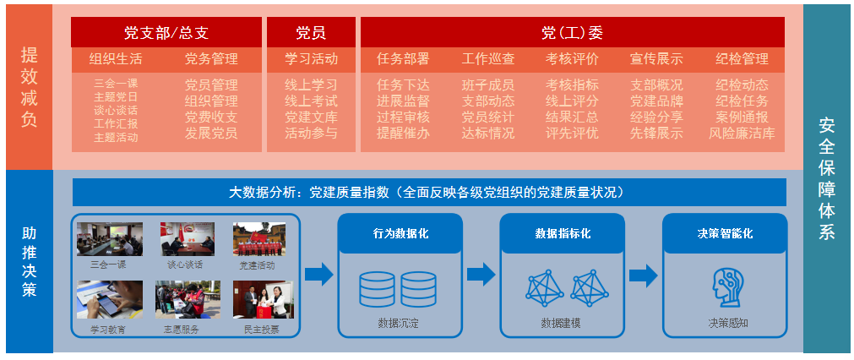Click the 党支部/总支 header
(166, 33)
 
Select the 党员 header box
(310, 33)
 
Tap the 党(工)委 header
(572, 33)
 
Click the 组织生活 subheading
(116, 59)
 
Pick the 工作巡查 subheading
(487, 59)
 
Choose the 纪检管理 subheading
(742, 59)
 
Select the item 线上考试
(311, 101)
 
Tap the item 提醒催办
(403, 133)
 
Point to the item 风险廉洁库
(742, 133)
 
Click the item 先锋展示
(656, 133)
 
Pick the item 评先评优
(572, 133)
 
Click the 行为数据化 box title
(400, 233)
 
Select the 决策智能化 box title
(725, 233)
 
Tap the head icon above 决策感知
(726, 288)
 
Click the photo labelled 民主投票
(263, 300)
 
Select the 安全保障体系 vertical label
(826, 178)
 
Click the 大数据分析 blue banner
(428, 192)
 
